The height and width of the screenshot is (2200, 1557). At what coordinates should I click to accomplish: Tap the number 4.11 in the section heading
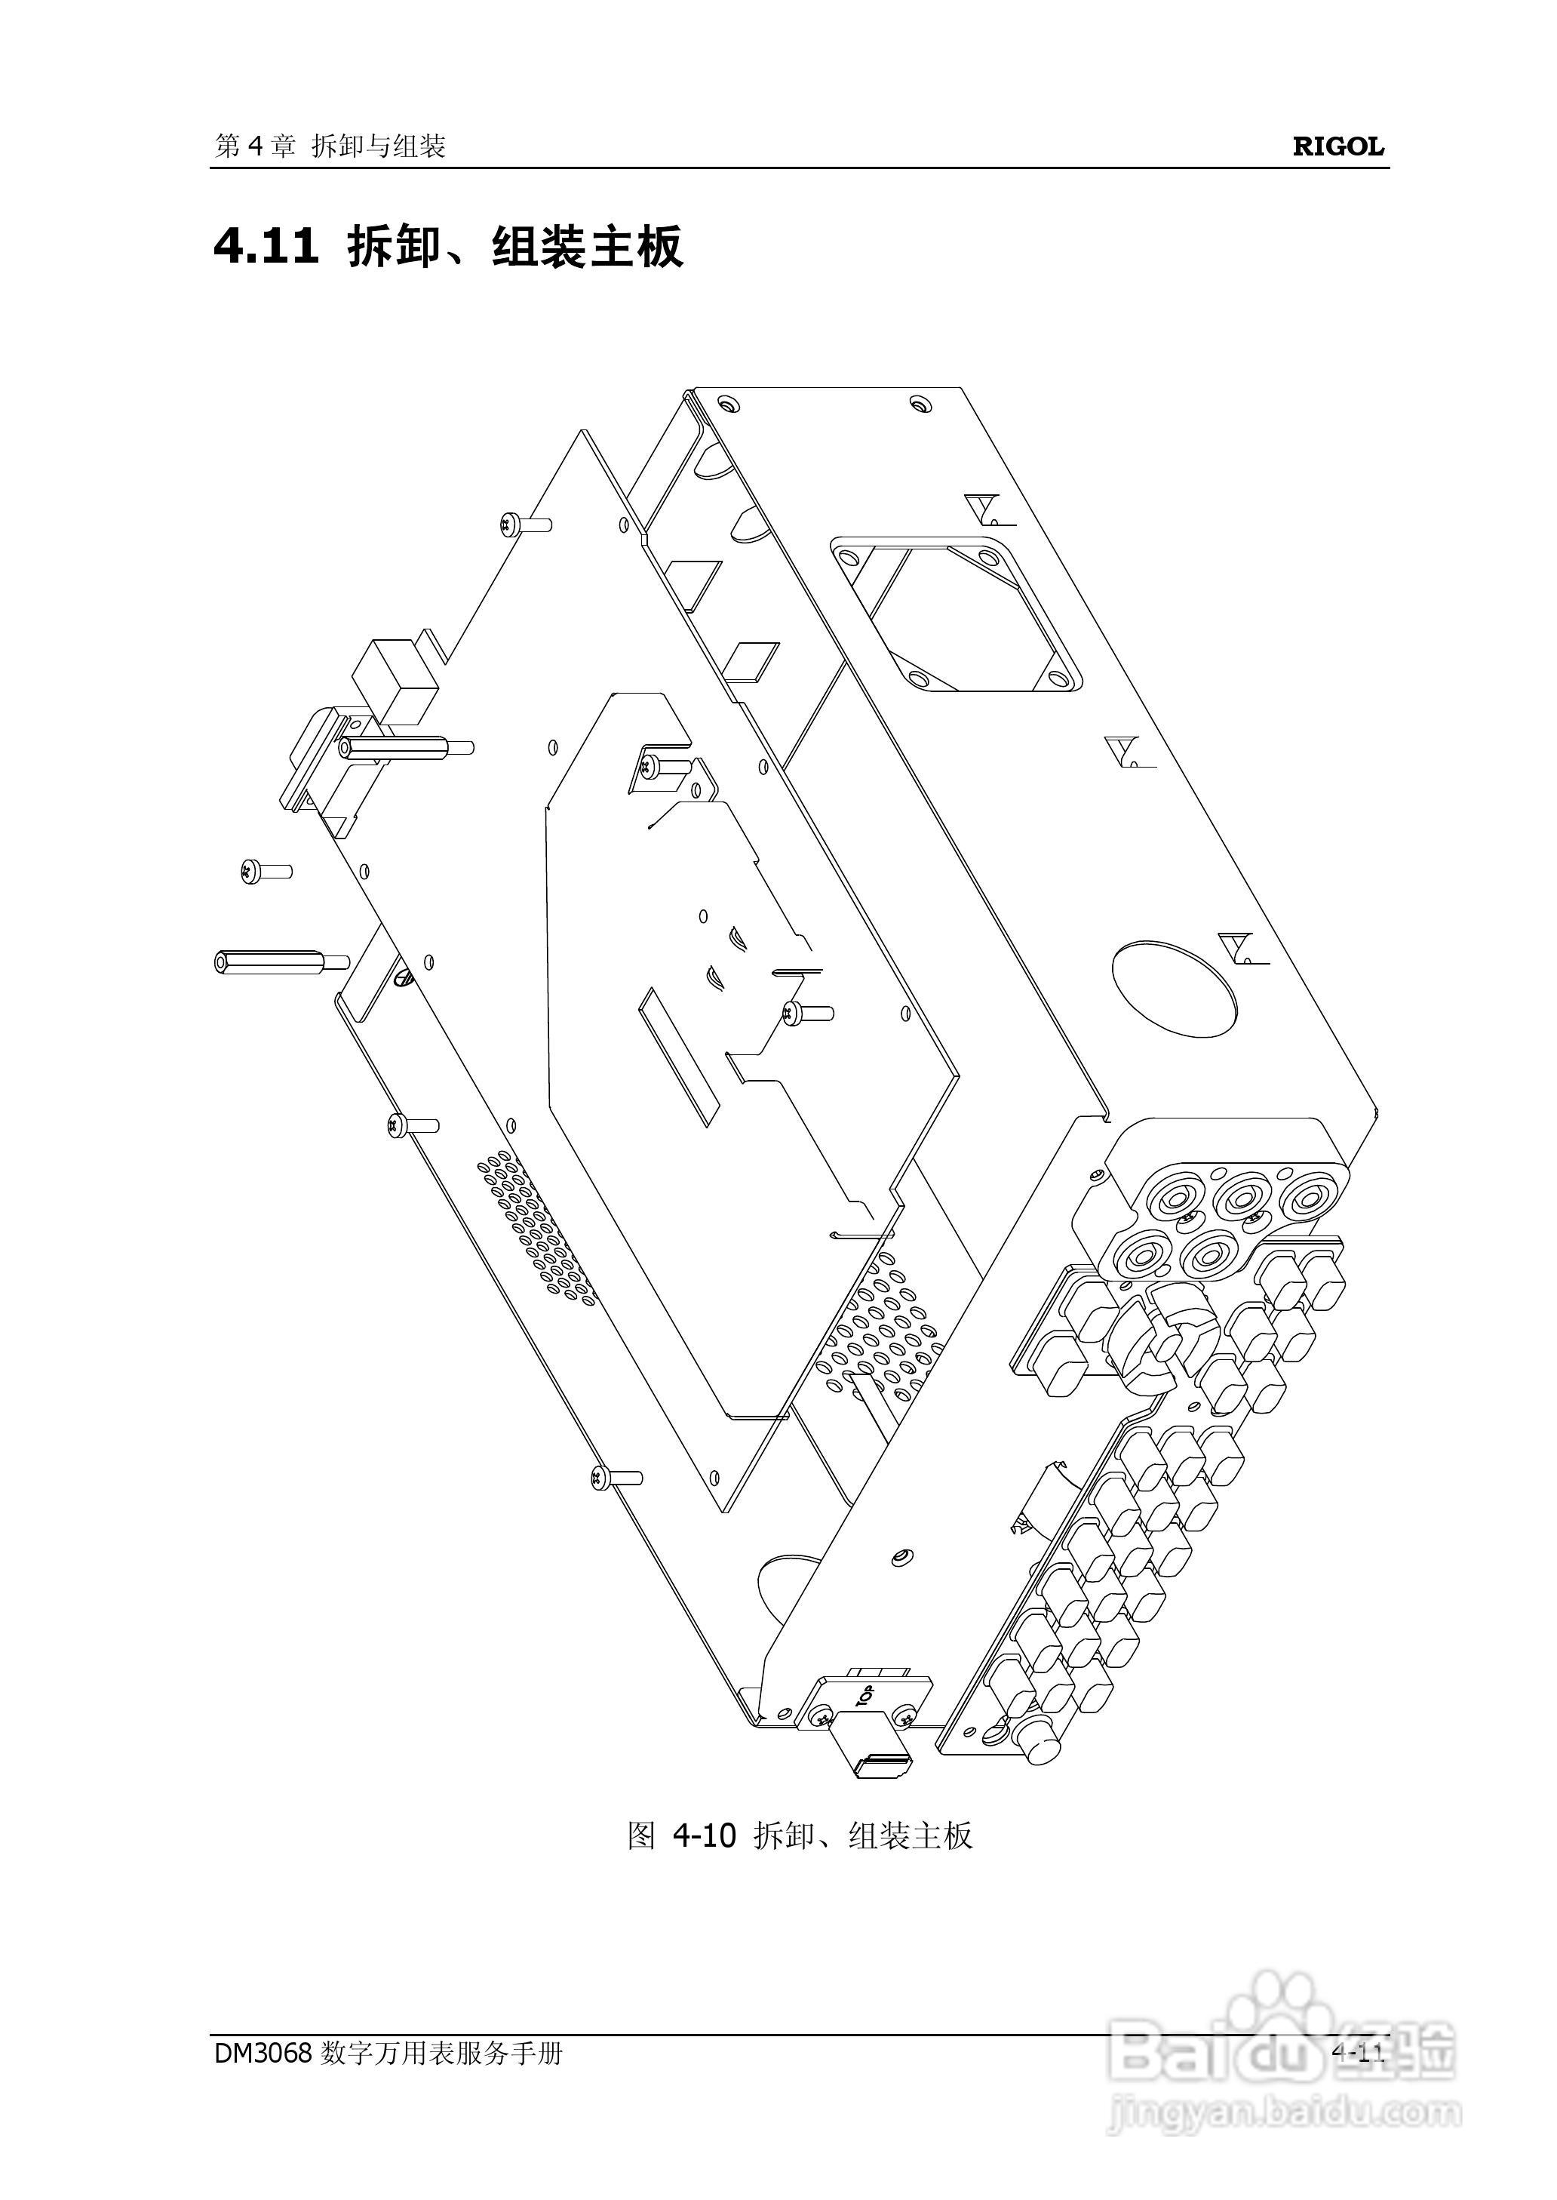pos(266,247)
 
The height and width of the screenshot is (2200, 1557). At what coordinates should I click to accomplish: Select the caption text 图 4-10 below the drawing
pos(680,1835)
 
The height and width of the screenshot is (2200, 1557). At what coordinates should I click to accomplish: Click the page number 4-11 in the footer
pos(1358,2052)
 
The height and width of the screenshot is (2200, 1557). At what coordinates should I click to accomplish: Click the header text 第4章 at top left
pos(254,146)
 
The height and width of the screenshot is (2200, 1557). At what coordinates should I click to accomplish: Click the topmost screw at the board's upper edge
pos(524,524)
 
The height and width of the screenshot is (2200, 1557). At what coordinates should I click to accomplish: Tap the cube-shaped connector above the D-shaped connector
pos(395,680)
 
